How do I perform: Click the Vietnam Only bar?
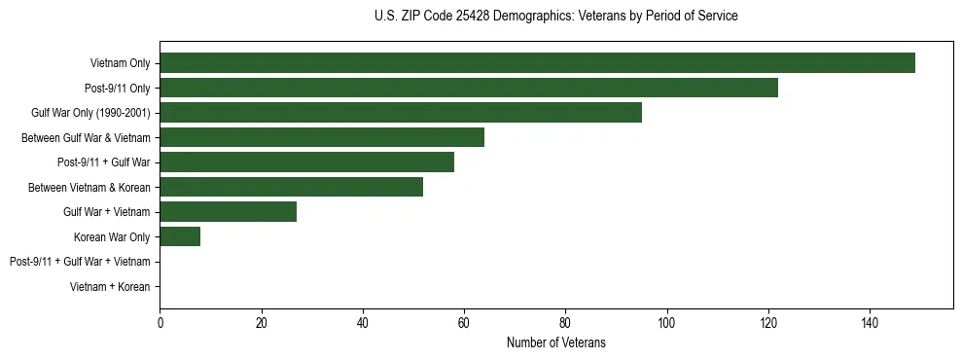pos(537,63)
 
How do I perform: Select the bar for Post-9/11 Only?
pos(468,88)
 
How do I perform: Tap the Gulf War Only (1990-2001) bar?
pos(400,113)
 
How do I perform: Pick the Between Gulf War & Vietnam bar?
pos(321,137)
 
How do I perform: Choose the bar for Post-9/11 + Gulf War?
pos(306,162)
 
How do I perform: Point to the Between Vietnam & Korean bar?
pos(291,187)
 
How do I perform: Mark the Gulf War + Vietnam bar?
pos(228,212)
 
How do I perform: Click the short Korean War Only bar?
pos(180,236)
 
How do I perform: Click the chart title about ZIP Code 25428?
pos(555,17)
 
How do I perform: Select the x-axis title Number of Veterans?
pos(555,342)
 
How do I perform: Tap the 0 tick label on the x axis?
pos(160,323)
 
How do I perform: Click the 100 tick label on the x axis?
pos(666,323)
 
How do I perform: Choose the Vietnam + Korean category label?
pos(110,287)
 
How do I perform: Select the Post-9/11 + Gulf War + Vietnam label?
pos(80,262)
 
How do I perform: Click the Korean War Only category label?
pos(112,236)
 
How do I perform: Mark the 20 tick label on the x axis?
pos(261,323)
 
